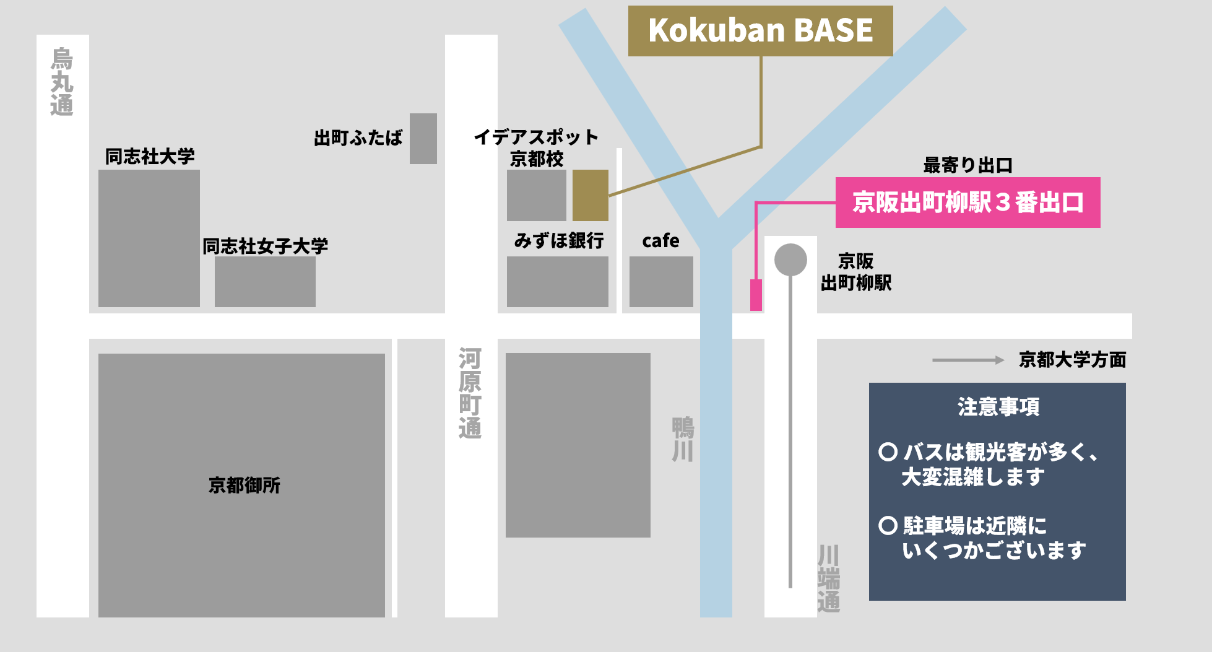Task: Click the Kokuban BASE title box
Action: click(x=760, y=31)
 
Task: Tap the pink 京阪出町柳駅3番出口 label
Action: click(x=967, y=203)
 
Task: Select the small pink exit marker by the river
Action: click(x=756, y=295)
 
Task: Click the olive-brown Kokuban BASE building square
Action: click(x=590, y=195)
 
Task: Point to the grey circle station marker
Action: click(x=790, y=259)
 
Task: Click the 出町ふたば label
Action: click(x=358, y=137)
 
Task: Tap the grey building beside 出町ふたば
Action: click(x=423, y=139)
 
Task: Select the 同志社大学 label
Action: click(x=150, y=156)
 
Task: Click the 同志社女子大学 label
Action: click(x=265, y=246)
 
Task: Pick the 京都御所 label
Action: click(x=245, y=485)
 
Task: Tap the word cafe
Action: click(x=660, y=240)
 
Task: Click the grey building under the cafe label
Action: click(x=661, y=282)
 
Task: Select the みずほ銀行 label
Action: click(x=558, y=240)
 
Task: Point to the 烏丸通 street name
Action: click(x=62, y=82)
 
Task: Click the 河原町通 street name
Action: click(x=470, y=393)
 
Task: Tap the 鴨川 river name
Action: click(x=683, y=440)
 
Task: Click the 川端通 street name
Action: click(x=828, y=578)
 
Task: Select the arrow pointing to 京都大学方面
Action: click(x=967, y=360)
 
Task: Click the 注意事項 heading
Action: click(x=998, y=407)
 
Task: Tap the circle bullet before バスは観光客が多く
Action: click(x=888, y=451)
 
